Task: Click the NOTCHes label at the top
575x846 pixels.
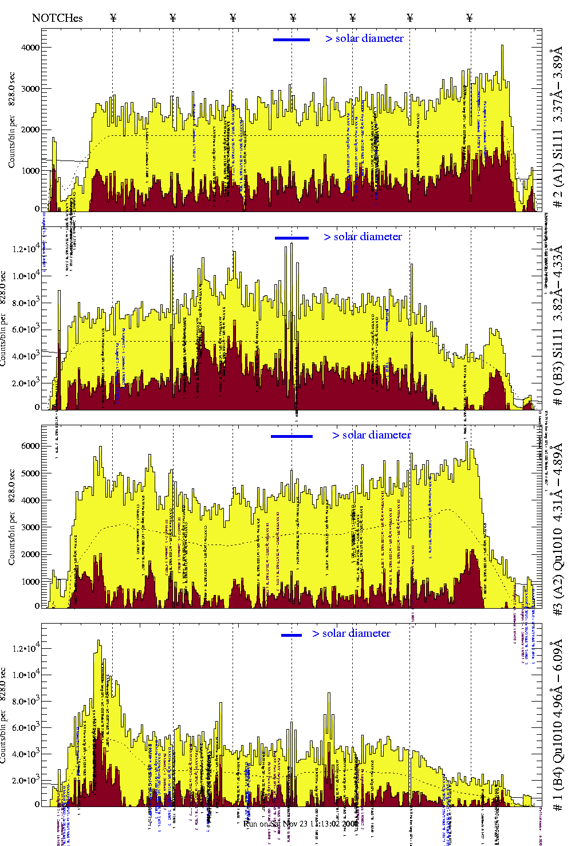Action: coord(57,18)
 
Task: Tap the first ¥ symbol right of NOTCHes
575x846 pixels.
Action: coord(113,18)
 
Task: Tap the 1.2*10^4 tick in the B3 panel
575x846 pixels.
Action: coord(26,249)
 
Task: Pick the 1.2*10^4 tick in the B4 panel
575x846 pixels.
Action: coord(26,648)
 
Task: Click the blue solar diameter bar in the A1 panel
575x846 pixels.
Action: coord(292,40)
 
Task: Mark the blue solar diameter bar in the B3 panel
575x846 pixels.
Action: coord(292,238)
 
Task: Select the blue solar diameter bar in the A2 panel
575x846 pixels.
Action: coord(292,436)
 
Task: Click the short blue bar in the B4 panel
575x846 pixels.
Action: coord(292,635)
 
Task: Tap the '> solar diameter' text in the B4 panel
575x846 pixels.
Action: coord(352,633)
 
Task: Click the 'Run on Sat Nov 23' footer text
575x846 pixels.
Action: coord(301,824)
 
